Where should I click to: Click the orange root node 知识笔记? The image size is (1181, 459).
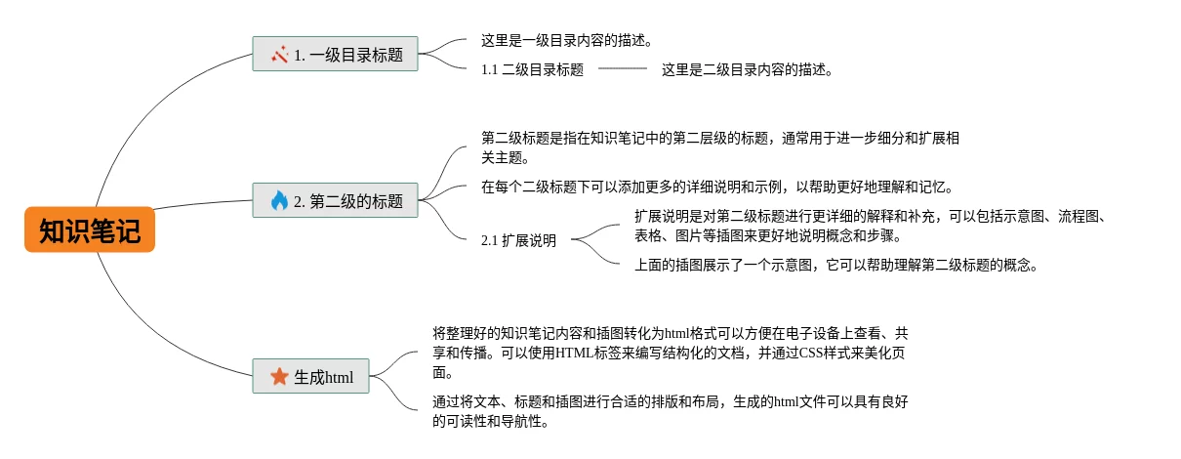pyautogui.click(x=90, y=231)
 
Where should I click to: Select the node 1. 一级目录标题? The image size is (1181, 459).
pyautogui.click(x=335, y=55)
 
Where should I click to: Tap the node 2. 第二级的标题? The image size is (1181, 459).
pyautogui.click(x=335, y=201)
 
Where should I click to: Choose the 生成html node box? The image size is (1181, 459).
pyautogui.click(x=310, y=376)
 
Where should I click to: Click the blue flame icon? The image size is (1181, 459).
pyautogui.click(x=279, y=201)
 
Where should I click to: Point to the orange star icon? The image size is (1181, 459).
pyautogui.click(x=279, y=376)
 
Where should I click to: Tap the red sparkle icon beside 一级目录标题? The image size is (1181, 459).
pyautogui.click(x=279, y=55)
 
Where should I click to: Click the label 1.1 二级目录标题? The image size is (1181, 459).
pyautogui.click(x=532, y=69)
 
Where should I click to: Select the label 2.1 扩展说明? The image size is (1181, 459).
pyautogui.click(x=518, y=240)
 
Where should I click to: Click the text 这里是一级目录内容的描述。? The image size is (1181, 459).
pyautogui.click(x=566, y=41)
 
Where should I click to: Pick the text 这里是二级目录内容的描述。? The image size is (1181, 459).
pyautogui.click(x=747, y=69)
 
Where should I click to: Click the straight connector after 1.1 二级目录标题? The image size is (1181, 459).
pyautogui.click(x=622, y=69)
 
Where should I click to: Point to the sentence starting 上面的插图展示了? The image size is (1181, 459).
pyautogui.click(x=835, y=264)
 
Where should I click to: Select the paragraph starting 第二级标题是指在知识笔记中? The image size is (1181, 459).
pyautogui.click(x=719, y=147)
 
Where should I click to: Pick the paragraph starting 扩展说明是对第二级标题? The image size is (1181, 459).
pyautogui.click(x=869, y=227)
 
